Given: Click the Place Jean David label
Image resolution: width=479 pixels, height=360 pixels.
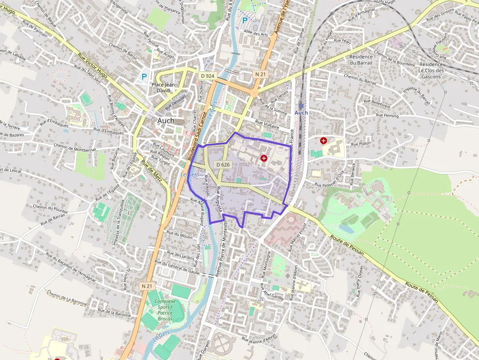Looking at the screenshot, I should click(163, 87).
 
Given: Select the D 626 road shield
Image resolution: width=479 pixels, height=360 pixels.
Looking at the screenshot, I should click(222, 165).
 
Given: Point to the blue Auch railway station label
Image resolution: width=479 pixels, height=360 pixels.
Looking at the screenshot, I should click(301, 113).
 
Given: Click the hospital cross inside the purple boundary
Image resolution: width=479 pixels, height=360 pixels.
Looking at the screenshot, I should click(264, 158).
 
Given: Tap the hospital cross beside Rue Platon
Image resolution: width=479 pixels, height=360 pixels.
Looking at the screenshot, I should click(324, 141).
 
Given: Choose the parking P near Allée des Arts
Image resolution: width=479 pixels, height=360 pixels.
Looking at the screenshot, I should click(245, 21).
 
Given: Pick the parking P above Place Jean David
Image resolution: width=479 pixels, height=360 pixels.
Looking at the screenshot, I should click(144, 77).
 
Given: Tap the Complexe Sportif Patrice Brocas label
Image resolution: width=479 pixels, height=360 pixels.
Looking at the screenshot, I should click(165, 310).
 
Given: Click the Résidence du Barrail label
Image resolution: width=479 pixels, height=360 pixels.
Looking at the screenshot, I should click(361, 60).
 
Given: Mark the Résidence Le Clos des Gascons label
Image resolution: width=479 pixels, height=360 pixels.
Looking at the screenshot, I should click(431, 70).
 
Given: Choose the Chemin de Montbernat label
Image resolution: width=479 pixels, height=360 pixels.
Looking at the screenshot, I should click(75, 147).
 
